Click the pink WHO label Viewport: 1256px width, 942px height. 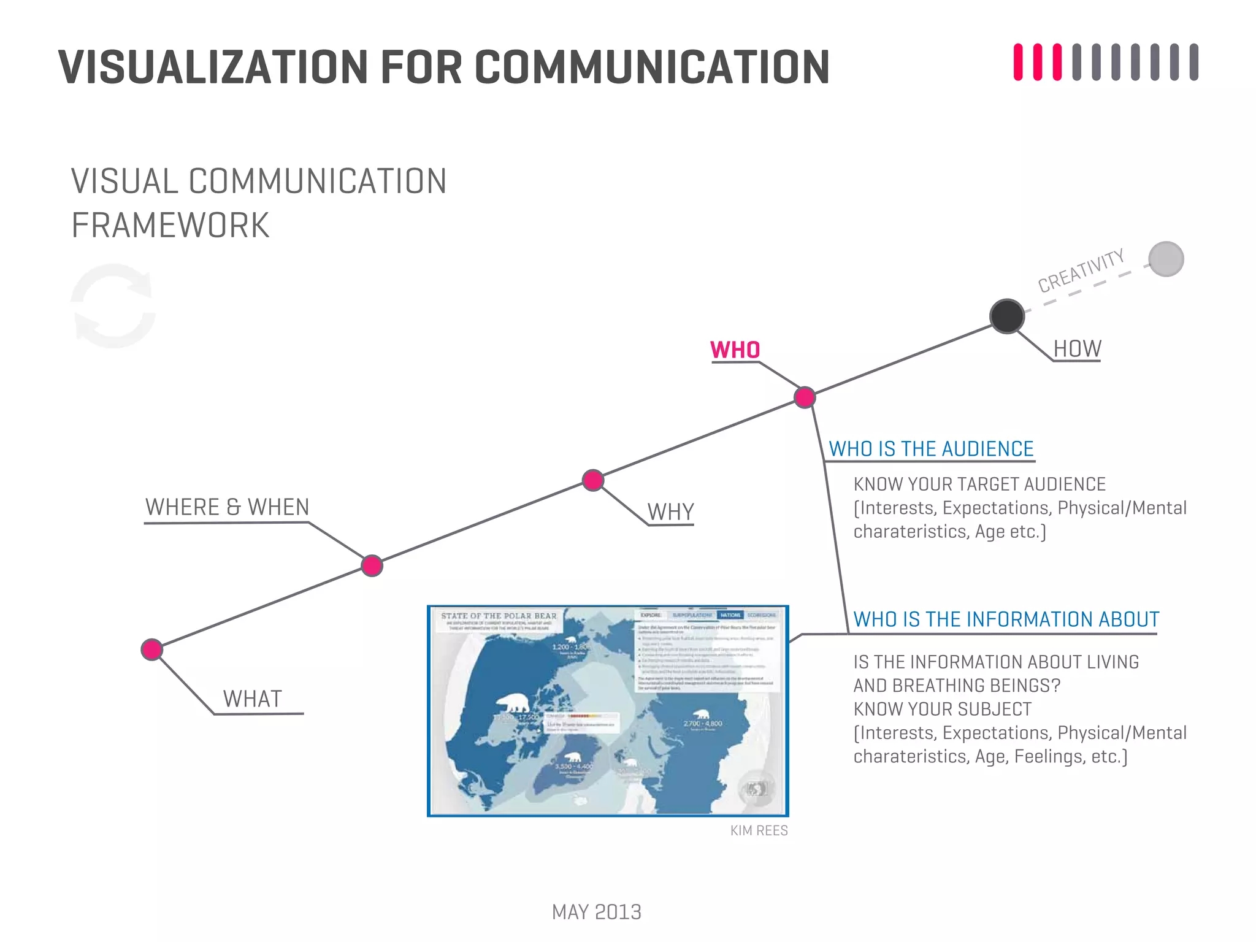coord(735,350)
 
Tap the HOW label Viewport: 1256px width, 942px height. coord(1077,349)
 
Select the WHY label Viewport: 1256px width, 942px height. coord(670,511)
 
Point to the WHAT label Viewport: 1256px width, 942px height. coord(252,699)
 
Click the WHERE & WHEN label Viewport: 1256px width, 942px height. coord(227,507)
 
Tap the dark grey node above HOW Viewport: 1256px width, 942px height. coord(1007,316)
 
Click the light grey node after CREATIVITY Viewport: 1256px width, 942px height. coord(1166,259)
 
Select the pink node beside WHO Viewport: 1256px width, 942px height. coord(805,397)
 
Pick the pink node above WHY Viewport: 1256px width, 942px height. coord(593,480)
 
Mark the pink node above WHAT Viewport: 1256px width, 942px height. coord(152,649)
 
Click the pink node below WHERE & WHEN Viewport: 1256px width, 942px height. coord(372,565)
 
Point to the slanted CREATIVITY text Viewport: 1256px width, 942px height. coord(1081,270)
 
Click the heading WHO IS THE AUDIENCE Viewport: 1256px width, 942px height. coord(931,449)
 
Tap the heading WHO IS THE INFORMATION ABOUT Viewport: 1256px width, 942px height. coord(1006,619)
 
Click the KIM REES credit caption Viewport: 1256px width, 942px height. coord(759,830)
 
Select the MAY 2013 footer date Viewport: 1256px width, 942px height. coord(596,912)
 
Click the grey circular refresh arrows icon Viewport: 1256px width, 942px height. coord(113,306)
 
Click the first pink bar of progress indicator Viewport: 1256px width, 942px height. coord(1018,62)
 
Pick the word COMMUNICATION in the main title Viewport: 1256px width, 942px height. coord(652,67)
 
